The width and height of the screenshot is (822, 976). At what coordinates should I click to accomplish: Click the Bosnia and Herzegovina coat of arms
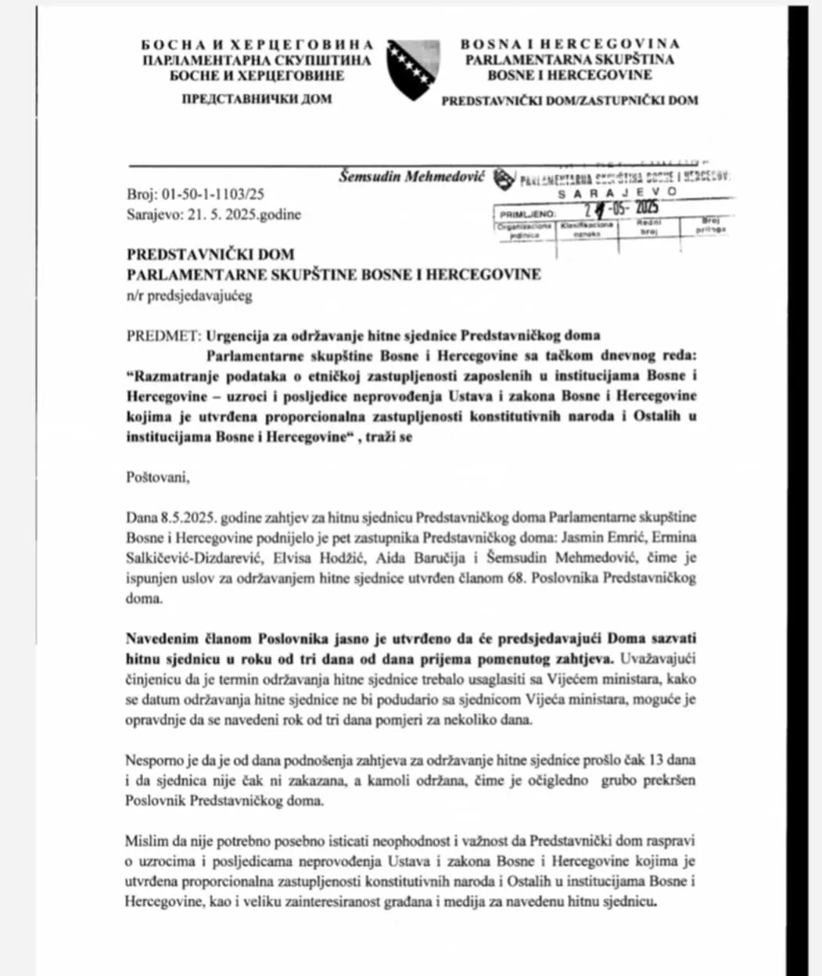click(413, 69)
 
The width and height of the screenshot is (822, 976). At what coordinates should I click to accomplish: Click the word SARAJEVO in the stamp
click(618, 192)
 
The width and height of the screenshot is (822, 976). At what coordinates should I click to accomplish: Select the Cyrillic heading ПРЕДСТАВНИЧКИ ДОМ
click(256, 99)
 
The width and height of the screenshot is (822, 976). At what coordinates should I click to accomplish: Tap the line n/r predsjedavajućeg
click(189, 296)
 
